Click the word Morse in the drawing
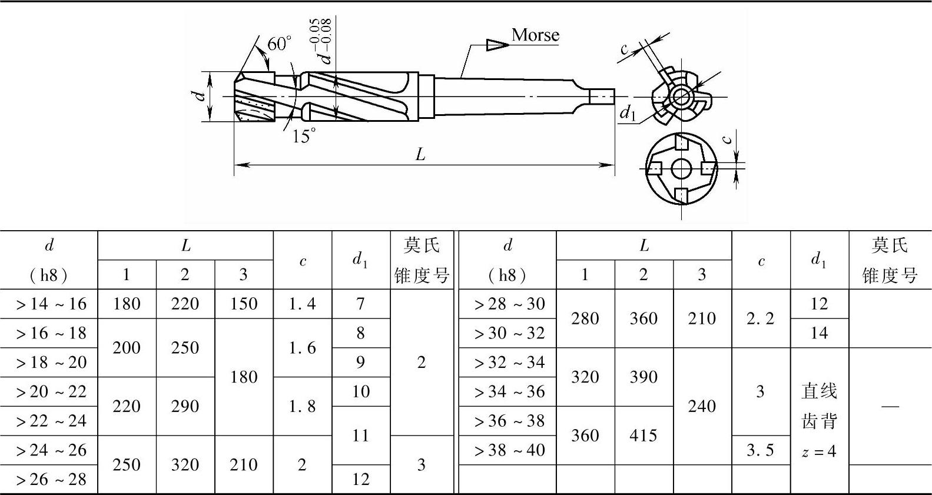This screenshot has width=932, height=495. click(535, 35)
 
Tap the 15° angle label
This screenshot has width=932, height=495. click(304, 136)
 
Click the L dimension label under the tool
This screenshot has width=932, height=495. click(420, 155)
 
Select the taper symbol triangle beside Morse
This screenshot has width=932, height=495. click(498, 45)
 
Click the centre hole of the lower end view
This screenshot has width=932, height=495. click(681, 168)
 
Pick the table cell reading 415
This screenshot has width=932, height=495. click(644, 436)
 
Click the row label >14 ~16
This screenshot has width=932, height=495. click(51, 304)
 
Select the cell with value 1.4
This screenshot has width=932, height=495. click(303, 304)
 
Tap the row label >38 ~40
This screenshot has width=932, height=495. click(509, 450)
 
